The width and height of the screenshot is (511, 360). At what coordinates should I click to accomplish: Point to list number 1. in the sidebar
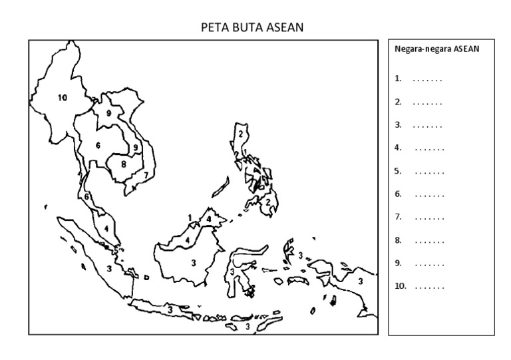point(398,79)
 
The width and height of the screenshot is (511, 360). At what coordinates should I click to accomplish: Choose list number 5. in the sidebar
point(398,171)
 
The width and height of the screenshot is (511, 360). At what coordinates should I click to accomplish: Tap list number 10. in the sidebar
point(400,286)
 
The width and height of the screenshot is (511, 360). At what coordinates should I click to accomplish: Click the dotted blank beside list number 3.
point(427,125)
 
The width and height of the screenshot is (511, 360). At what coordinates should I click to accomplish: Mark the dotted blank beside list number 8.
point(429,240)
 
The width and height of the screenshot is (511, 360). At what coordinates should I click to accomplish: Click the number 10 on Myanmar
point(63,98)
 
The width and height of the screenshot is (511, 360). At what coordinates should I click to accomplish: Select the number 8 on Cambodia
point(123,163)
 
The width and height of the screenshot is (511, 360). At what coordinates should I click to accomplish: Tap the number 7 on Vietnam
point(146,176)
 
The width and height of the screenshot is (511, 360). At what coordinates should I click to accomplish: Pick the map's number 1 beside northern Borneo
point(190,218)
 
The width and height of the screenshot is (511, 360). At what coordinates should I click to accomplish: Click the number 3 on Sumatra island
point(109,268)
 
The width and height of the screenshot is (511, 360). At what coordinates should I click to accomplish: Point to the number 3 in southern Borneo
point(194,262)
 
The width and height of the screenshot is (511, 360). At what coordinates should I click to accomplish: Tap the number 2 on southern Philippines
point(267,202)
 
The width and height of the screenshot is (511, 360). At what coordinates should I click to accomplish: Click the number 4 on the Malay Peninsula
point(106,228)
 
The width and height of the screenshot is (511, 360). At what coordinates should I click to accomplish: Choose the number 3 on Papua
point(360,281)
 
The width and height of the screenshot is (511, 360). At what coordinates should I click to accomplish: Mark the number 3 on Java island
point(170,309)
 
